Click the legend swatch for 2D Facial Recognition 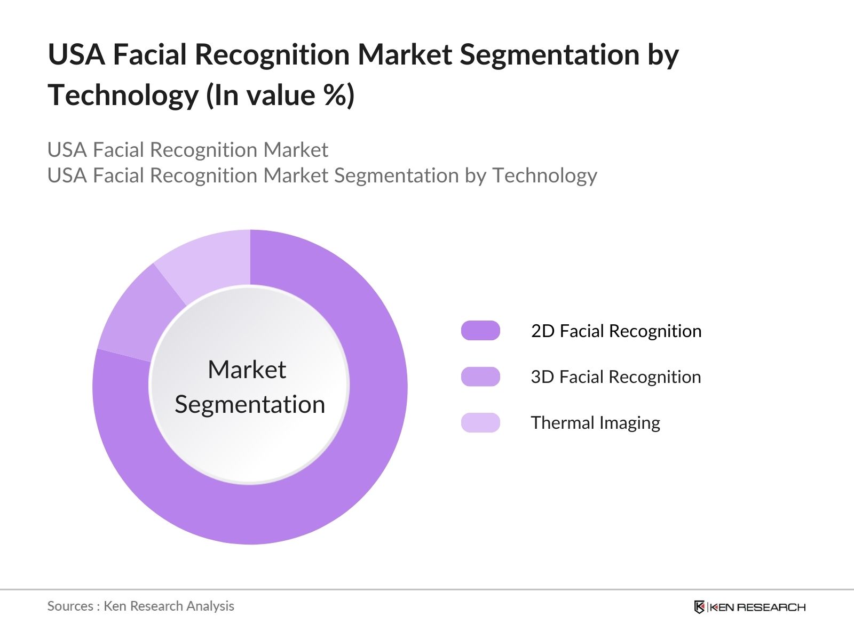[x=480, y=331]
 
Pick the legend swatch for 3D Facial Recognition [x=480, y=377]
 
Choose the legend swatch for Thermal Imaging [x=480, y=422]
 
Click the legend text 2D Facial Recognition [x=616, y=331]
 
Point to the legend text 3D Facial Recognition [x=615, y=377]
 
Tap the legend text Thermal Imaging [x=595, y=423]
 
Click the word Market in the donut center [x=247, y=370]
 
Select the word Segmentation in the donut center [x=250, y=404]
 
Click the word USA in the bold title [x=76, y=55]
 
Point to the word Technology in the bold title [x=123, y=96]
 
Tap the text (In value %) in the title [x=280, y=96]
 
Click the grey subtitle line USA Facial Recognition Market [x=187, y=150]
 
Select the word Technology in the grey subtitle [x=544, y=175]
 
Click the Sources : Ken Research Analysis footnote [x=140, y=606]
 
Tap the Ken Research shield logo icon [x=699, y=607]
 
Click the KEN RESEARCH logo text [x=757, y=607]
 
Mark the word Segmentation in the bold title [x=549, y=55]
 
